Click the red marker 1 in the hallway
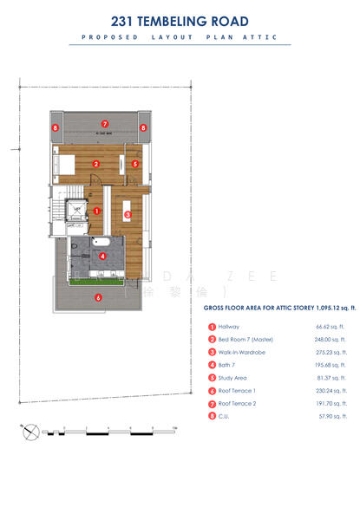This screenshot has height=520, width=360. tap(97, 210)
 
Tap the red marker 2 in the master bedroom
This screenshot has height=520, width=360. tap(97, 163)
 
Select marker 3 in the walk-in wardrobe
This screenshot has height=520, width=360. tap(128, 214)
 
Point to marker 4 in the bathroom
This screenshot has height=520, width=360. tap(102, 256)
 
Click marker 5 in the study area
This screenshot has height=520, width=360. tap(134, 163)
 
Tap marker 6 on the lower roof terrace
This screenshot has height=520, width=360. tap(98, 297)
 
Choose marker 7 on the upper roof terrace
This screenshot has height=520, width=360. tap(104, 124)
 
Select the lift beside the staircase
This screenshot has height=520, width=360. tap(75, 209)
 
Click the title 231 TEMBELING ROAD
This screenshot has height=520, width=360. tap(180, 21)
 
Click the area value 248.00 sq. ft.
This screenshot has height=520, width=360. tap(331, 340)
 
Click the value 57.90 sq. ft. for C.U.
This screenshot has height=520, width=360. tap(332, 417)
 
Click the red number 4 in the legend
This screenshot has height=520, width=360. tap(211, 366)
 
